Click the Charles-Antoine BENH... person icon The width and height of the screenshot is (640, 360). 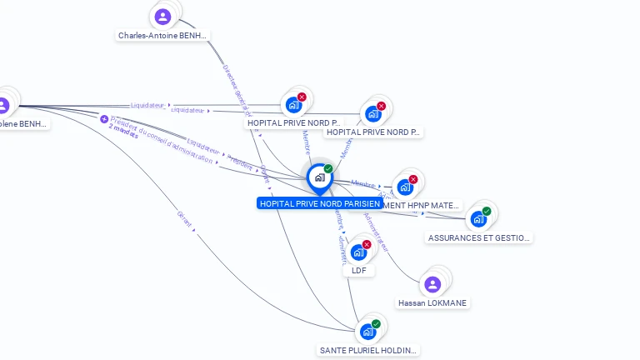163,17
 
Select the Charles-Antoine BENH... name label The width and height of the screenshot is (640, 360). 162,36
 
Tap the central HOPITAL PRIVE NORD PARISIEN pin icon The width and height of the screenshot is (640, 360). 319,177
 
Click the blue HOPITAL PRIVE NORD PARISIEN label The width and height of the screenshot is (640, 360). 319,203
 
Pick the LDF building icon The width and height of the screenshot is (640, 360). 358,252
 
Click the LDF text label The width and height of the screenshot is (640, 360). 359,271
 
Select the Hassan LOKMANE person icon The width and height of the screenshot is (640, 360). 432,285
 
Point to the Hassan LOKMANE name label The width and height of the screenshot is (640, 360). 432,302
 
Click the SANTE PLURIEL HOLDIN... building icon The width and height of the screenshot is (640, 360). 367,332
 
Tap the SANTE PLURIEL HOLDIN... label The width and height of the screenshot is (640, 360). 368,350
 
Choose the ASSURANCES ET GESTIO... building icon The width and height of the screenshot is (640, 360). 478,219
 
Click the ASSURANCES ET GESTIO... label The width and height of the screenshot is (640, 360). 478,237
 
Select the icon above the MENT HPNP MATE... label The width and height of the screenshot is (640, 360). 405,187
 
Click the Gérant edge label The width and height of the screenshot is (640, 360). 184,219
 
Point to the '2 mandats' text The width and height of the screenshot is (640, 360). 123,133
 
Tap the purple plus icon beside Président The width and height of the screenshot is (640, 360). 104,119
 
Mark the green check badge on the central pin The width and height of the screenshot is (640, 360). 328,169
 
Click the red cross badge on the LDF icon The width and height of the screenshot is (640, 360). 367,244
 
